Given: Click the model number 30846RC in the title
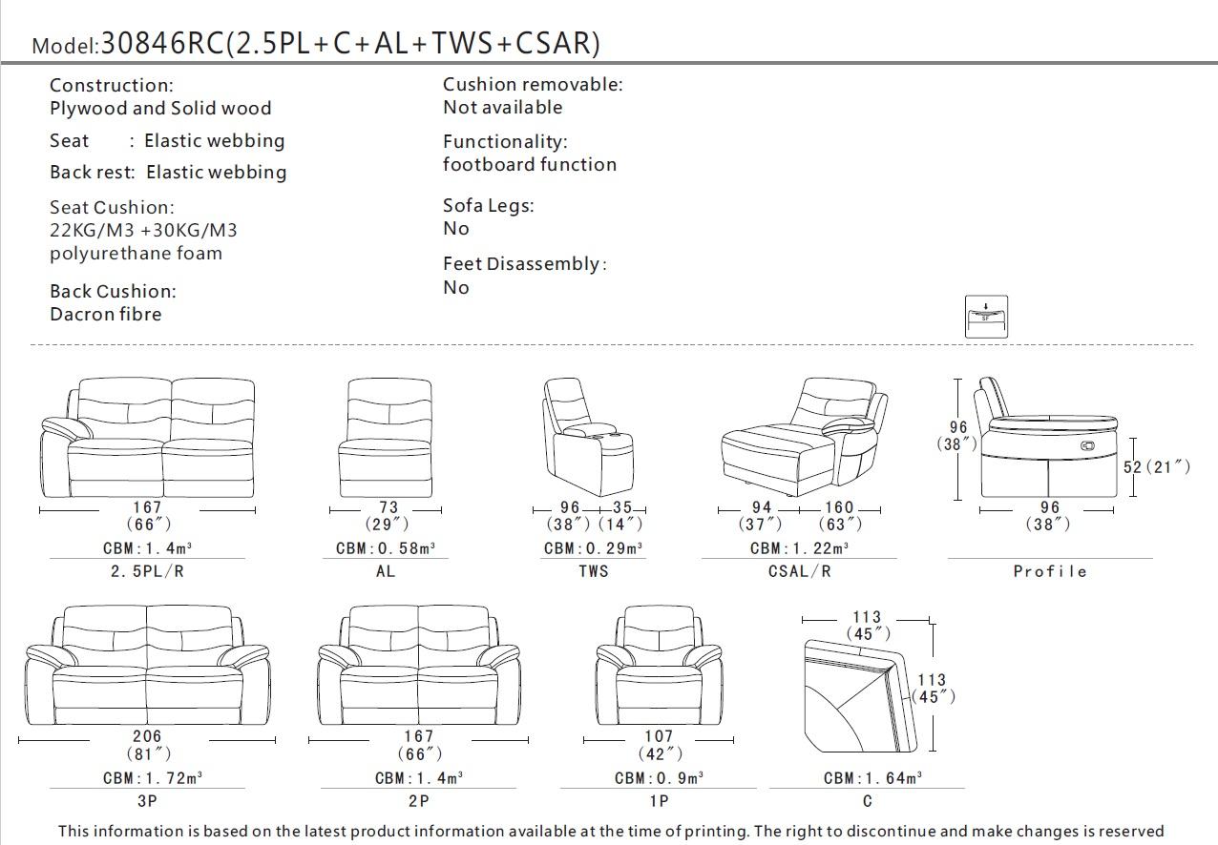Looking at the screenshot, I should pos(161,43).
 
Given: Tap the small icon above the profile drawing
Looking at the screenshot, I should pos(986,316).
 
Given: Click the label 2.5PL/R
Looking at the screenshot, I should pos(147,571).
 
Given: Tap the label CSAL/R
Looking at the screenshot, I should pos(799,571).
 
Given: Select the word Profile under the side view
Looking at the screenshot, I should pos(1050,571).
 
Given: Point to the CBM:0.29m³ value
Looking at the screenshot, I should pos(593,548).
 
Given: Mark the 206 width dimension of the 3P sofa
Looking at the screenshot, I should pos(147,736).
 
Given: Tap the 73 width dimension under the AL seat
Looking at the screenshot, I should pos(388,508).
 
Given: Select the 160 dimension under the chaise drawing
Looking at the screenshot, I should pos(839,508).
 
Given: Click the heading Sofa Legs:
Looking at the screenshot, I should pos(488,206).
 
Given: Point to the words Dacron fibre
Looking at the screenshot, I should pos(106,315).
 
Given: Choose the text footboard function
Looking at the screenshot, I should pos(530,165).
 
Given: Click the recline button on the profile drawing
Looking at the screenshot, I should pos(1089,445).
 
